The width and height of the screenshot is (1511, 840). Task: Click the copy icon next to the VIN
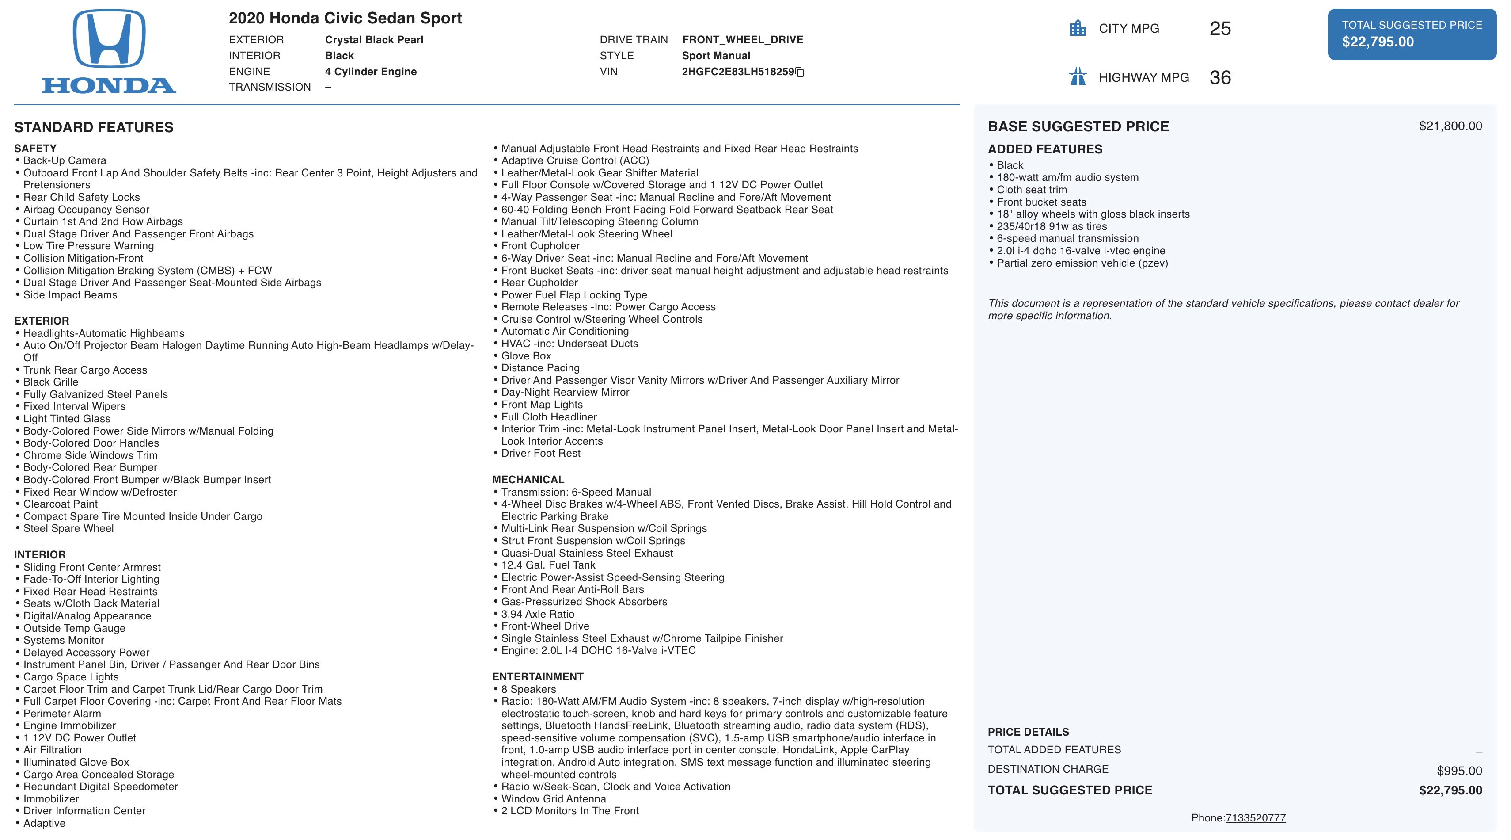[800, 72]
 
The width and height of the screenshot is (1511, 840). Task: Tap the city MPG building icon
[1078, 28]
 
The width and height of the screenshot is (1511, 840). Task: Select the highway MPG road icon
[1078, 77]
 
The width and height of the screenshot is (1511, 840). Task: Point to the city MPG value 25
[1219, 29]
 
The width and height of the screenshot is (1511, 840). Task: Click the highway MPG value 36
[1219, 77]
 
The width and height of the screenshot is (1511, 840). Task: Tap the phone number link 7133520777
[1255, 818]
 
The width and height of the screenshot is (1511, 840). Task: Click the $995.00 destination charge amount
[1459, 771]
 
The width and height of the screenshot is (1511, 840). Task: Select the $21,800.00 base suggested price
[1450, 126]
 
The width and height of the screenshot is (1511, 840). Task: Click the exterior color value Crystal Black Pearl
[374, 40]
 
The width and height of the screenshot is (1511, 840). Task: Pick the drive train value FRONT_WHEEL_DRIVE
[742, 40]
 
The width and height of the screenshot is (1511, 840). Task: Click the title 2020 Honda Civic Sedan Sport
[345, 18]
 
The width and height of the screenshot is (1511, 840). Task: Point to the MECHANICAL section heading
[528, 480]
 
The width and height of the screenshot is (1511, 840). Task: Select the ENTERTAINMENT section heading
[537, 677]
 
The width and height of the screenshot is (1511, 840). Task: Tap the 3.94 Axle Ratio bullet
[537, 614]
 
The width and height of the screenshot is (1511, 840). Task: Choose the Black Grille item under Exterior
[50, 382]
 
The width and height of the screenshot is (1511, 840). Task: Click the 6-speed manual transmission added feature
[1067, 238]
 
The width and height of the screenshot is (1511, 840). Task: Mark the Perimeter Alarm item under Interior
[61, 713]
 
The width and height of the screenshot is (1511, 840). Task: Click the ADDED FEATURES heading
[1045, 149]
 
